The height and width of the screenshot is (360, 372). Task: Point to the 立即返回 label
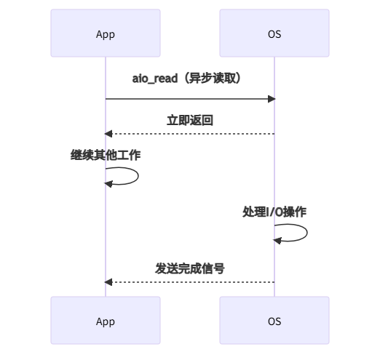[190, 120]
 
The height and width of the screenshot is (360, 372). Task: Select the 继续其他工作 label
[106, 155]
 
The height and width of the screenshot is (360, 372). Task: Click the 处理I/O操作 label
[274, 212]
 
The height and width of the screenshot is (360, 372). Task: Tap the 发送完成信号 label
[190, 268]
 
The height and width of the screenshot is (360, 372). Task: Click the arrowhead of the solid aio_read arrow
[270, 98]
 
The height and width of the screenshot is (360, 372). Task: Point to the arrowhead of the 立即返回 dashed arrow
[109, 134]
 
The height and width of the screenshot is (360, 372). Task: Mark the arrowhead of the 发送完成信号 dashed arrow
[109, 281]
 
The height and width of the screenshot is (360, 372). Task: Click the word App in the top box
[106, 34]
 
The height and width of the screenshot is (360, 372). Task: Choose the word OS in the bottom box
[274, 321]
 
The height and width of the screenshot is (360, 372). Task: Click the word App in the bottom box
[106, 321]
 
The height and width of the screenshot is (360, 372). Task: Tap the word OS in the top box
[274, 34]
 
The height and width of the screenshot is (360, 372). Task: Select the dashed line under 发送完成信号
[190, 281]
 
